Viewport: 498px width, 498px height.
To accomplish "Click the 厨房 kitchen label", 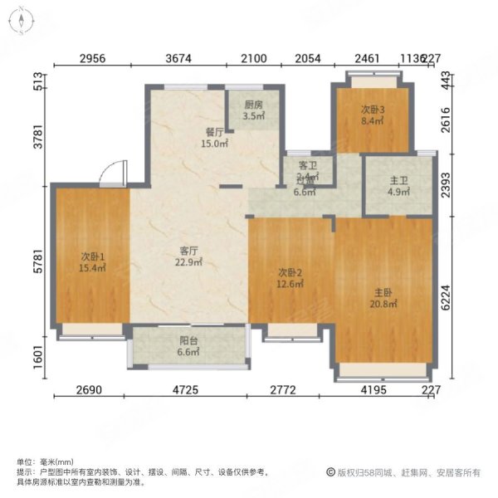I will (x=253, y=105).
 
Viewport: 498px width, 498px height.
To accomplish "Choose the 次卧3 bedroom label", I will (x=372, y=109).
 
